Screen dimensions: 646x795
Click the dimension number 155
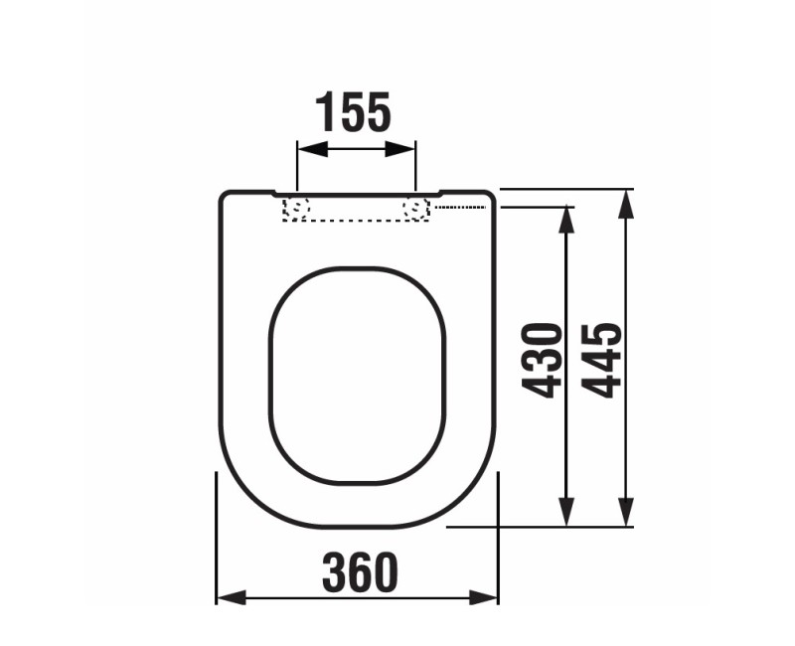(353, 112)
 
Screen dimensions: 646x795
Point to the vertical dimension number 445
(602, 360)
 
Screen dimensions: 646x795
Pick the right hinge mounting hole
(415, 209)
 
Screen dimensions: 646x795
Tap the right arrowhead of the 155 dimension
(407, 149)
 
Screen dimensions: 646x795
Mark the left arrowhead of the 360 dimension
(226, 597)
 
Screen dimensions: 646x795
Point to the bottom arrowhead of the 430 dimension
(566, 518)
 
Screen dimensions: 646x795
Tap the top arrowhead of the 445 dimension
(625, 197)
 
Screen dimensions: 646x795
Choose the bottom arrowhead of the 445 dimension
(625, 518)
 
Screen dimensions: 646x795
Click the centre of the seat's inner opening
(355, 376)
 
